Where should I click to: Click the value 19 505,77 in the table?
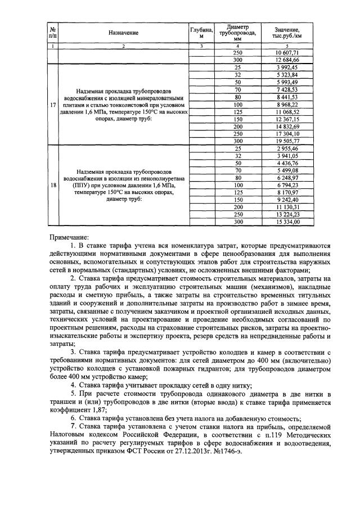[287, 141]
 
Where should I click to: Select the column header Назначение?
[124, 33]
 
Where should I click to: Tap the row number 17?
[52, 105]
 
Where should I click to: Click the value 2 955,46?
[287, 148]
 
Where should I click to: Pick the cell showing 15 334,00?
[287, 222]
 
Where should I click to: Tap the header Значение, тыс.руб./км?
[287, 33]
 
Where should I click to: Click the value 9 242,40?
[287, 200]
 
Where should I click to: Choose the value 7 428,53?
[287, 89]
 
